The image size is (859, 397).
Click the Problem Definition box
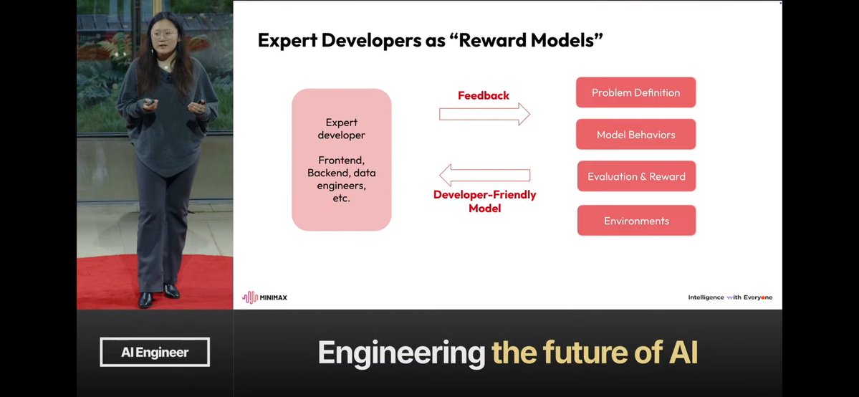tap(635, 92)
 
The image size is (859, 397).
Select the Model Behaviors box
tap(635, 135)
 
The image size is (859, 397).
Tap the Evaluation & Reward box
tap(636, 176)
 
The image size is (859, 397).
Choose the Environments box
tap(636, 221)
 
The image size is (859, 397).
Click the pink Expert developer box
tap(341, 160)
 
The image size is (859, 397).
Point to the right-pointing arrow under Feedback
tap(484, 113)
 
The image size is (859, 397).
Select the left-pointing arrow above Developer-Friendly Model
tap(484, 175)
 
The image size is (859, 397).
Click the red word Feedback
tap(484, 95)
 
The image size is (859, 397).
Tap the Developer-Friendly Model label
tap(484, 201)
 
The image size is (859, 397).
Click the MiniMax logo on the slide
tap(264, 297)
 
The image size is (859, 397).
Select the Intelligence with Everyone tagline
tap(730, 297)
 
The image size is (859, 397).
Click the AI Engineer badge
tap(155, 352)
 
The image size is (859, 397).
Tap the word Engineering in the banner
tap(401, 353)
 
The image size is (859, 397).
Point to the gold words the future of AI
tap(595, 353)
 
